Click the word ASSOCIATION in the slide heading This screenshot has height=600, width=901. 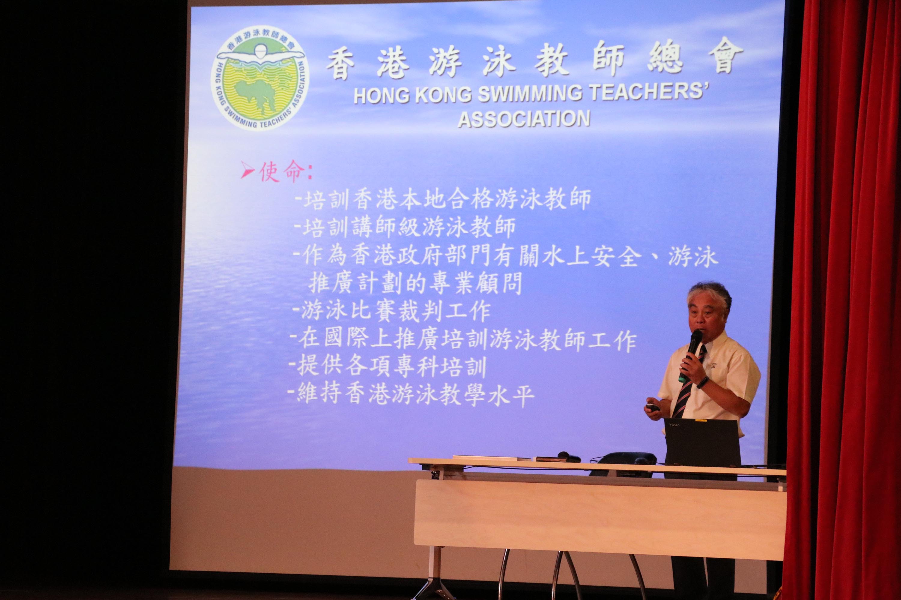pyautogui.click(x=524, y=119)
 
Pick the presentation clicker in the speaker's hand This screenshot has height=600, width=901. pyautogui.click(x=652, y=407)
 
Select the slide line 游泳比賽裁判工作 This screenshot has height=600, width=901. pyautogui.click(x=392, y=311)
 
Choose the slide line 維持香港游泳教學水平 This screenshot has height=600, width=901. pyautogui.click(x=411, y=394)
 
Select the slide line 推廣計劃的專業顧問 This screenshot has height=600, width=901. pyautogui.click(x=416, y=283)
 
